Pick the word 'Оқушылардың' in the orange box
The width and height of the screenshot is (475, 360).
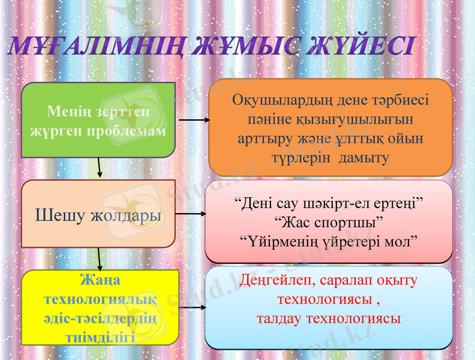[271, 100]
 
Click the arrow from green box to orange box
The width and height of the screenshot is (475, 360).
[193, 120]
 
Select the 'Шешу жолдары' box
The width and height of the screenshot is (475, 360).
[98, 214]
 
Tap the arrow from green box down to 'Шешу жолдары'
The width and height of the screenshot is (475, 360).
[100, 168]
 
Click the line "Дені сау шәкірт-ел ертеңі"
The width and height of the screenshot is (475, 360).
[329, 204]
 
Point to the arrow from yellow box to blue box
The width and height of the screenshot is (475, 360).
[193, 307]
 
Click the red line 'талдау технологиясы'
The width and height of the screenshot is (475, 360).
[329, 318]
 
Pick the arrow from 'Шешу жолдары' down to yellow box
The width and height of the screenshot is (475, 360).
[100, 259]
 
